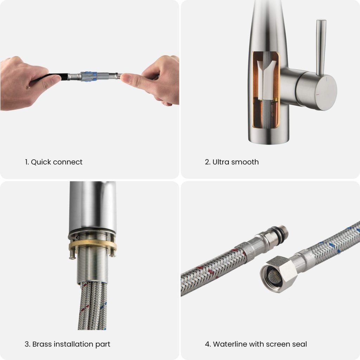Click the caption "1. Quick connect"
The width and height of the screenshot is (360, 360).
point(53,162)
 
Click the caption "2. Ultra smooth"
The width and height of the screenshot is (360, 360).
point(232,162)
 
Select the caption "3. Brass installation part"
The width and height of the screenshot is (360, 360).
point(67,344)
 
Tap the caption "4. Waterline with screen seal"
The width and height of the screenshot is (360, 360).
point(256,344)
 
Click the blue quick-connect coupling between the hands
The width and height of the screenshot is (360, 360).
point(89,76)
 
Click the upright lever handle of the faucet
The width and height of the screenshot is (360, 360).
point(321,46)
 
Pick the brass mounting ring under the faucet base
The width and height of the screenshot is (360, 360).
point(92,245)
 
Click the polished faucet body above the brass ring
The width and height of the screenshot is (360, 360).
point(92,206)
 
